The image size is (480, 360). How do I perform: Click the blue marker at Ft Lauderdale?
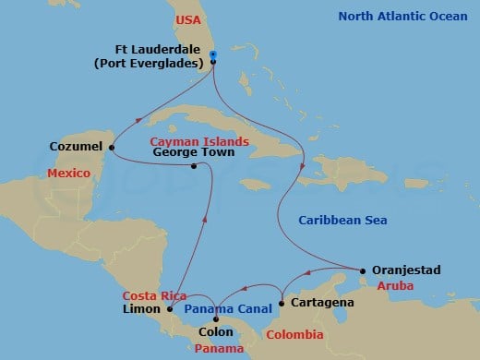tap(213, 55)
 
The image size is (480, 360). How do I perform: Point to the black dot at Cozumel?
tap(112, 147)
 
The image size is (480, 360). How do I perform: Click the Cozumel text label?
tap(78, 147)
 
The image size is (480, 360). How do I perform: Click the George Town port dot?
tap(194, 167)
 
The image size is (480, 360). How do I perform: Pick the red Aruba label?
tap(400, 287)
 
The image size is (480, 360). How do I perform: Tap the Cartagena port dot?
tap(281, 302)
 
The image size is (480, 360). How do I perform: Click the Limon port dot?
tap(170, 309)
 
